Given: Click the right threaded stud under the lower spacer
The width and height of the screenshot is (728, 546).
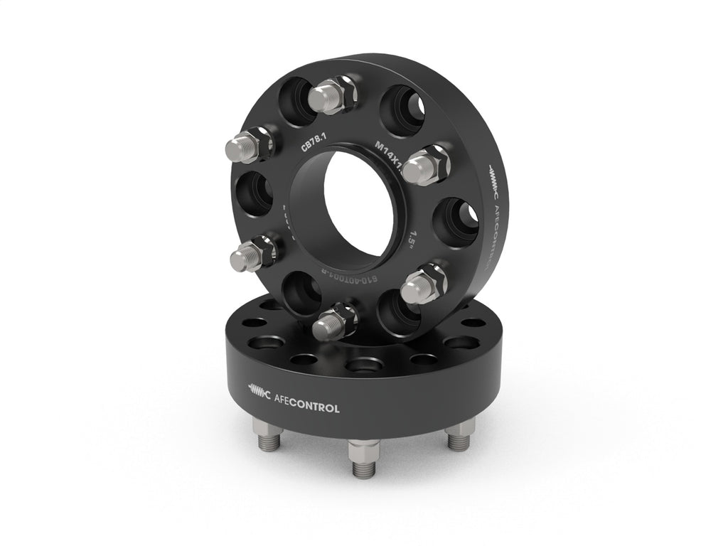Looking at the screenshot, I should (460, 435).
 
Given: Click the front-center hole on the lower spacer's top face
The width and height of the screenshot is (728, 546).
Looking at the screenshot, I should (363, 365).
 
